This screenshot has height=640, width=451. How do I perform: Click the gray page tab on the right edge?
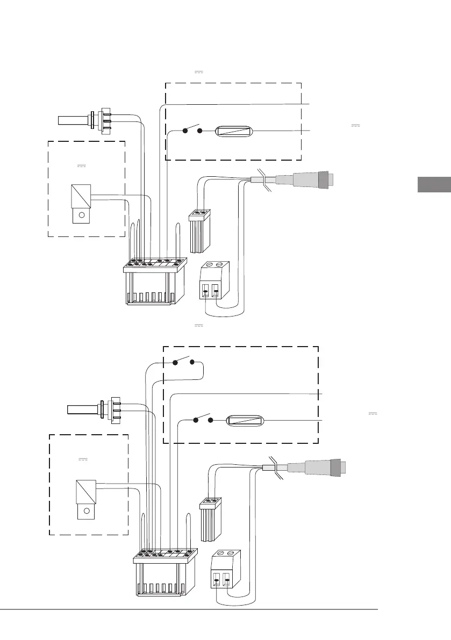[434, 184]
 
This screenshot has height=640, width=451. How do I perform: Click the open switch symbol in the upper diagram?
[192, 130]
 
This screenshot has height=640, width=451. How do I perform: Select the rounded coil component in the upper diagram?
[233, 131]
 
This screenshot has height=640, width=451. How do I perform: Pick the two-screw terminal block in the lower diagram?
[225, 569]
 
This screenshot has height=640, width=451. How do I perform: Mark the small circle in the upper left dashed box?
[82, 215]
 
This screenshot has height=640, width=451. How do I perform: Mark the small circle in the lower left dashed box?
[86, 512]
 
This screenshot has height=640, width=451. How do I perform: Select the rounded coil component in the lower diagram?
[244, 420]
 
